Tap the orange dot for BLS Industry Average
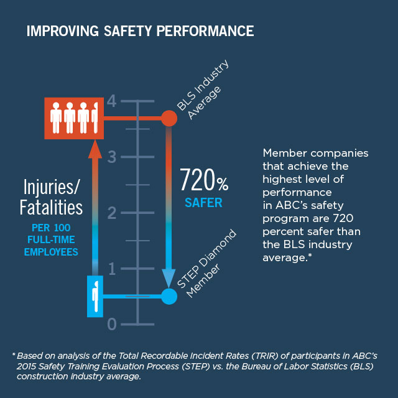[169, 118]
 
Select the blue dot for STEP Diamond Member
[169, 296]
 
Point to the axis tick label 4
[112, 101]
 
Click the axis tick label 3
[112, 157]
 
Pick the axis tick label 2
[112, 213]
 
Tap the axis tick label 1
[112, 269]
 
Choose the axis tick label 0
[112, 324]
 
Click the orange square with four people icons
[74, 118]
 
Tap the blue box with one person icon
[95, 297]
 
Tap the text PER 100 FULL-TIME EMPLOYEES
[52, 239]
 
